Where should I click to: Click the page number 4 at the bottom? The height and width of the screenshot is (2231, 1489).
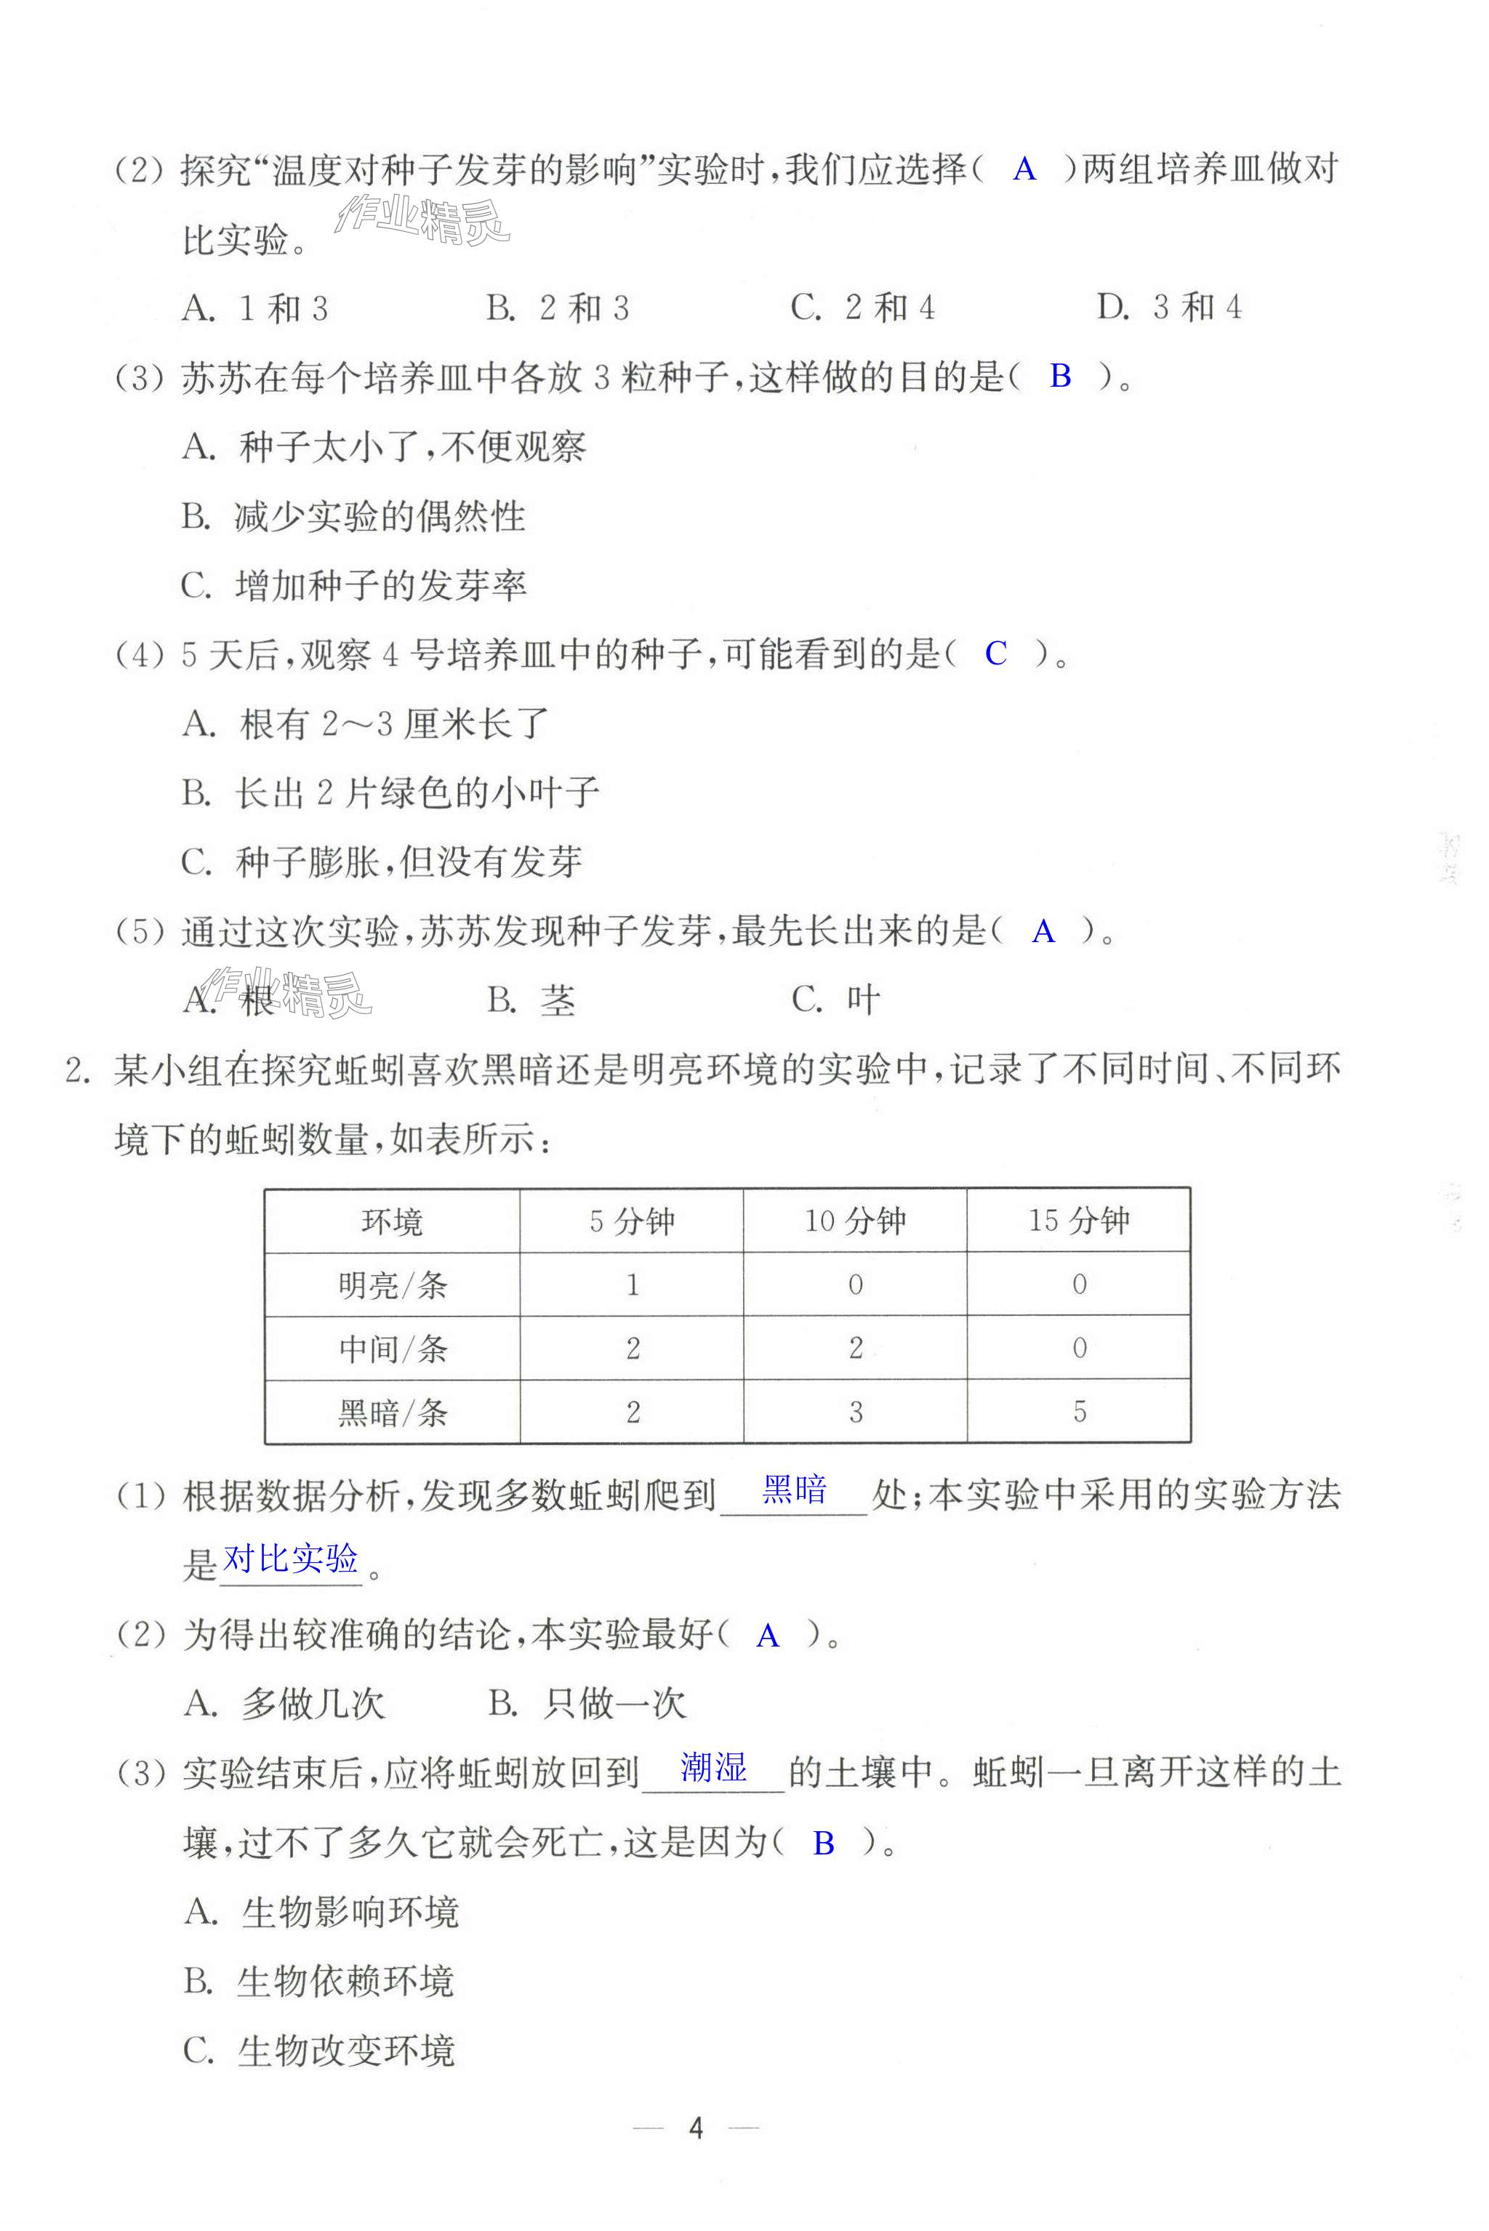tap(695, 2128)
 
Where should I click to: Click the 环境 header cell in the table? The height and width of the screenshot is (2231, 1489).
tap(391, 1221)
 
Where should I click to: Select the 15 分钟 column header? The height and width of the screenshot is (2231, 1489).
tap(1079, 1221)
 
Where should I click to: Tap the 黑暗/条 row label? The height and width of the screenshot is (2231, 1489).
tap(391, 1412)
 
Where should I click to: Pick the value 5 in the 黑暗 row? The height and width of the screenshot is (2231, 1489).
tap(1079, 1412)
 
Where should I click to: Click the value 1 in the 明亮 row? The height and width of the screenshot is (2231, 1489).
tap(633, 1285)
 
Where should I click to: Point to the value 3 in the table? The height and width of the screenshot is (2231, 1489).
tap(856, 1412)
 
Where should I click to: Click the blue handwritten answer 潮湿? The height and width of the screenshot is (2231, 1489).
tap(713, 1766)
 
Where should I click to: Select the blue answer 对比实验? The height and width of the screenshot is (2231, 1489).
tap(291, 1558)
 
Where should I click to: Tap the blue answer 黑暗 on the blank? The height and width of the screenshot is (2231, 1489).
tap(794, 1490)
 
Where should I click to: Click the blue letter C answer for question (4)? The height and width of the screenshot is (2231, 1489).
tap(995, 653)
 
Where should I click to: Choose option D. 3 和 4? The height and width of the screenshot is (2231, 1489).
tap(1169, 307)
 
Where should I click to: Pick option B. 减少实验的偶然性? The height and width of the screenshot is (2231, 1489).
tap(353, 516)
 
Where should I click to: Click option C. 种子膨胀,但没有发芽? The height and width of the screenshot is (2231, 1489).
tap(381, 862)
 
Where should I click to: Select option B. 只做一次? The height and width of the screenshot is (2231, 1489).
tap(586, 1703)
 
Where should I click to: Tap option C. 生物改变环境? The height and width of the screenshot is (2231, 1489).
tap(319, 2051)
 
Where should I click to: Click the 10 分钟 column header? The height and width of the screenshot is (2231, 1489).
tap(856, 1221)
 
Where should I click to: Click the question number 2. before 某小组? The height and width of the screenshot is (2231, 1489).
tap(77, 1071)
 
